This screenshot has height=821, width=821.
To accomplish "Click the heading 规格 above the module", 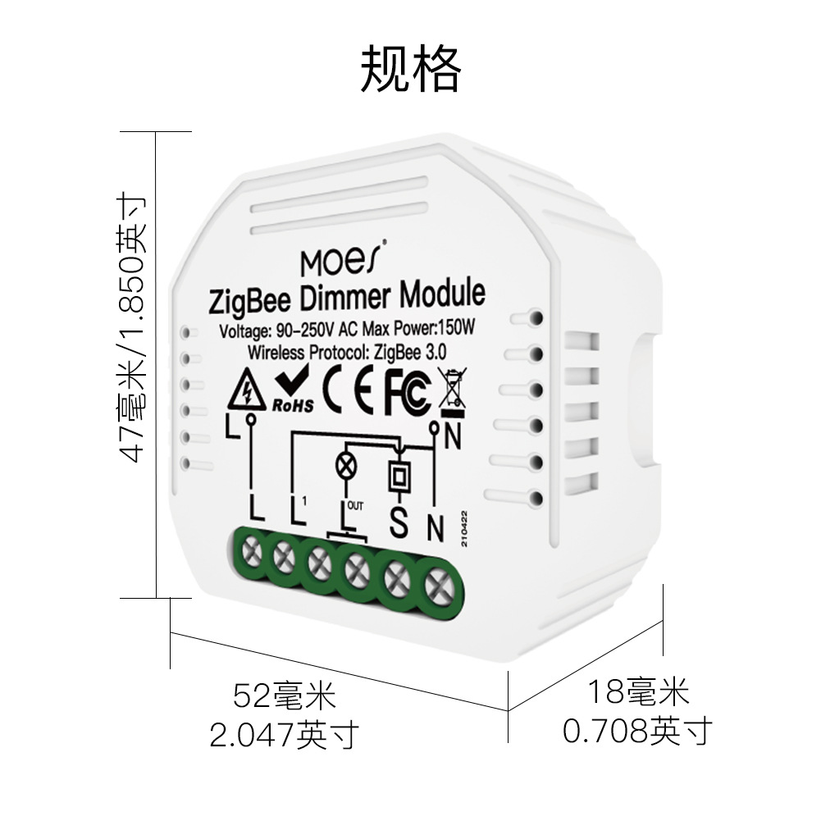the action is pos(410,68).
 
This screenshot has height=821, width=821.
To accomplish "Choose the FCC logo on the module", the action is pos(407,391).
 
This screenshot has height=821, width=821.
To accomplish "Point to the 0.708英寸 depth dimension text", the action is pos(636,729).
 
